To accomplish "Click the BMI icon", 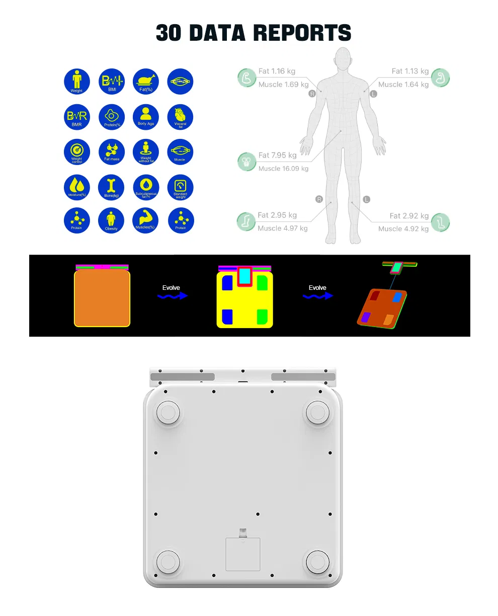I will coord(111,81).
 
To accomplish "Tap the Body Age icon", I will coord(146,116).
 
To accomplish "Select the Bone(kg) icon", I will coord(111,187).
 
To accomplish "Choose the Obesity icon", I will coord(111,220).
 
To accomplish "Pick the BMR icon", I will coord(76,117).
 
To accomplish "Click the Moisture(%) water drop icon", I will coord(76,187).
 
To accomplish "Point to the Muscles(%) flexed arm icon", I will coord(146,220).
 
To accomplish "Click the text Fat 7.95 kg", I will coord(277,155).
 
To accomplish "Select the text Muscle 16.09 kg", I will coord(283,169).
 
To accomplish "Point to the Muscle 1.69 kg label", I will coord(283,85).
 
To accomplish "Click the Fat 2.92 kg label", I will coord(409,215).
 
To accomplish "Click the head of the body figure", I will coord(343,59).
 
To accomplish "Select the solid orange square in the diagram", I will coord(102,298).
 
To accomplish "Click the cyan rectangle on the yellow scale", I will coord(244,275).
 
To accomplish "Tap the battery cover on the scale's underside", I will coord(243,554).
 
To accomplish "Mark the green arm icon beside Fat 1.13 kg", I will coord(441,78).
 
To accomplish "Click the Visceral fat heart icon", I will coord(180,116).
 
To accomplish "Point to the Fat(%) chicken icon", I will coord(146,81).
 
